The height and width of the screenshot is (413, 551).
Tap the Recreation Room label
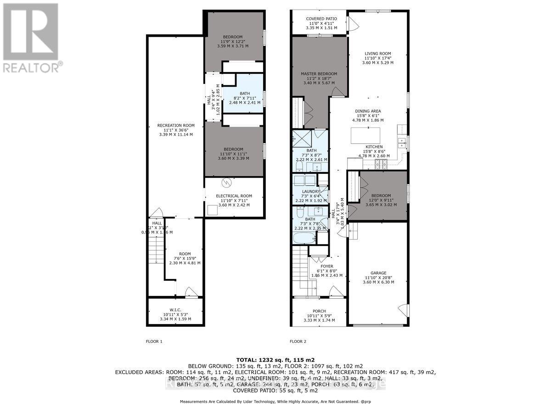point(176,130)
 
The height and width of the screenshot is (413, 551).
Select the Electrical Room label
point(234,200)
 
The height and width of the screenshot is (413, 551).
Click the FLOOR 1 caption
point(154,341)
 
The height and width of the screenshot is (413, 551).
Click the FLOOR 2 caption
point(298,341)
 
